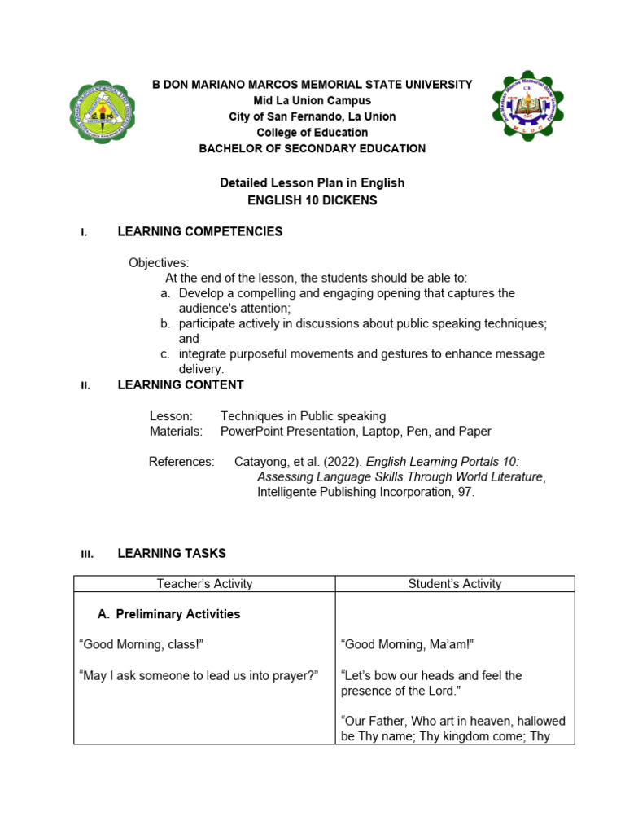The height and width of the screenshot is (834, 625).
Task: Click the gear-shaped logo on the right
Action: [527, 106]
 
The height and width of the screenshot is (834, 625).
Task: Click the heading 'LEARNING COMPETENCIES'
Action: [200, 232]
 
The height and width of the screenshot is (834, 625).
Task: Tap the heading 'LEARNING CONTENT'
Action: [181, 385]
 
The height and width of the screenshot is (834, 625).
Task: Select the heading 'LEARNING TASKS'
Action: [172, 554]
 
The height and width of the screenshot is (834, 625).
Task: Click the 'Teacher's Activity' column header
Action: [204, 584]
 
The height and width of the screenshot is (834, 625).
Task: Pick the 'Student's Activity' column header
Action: [455, 584]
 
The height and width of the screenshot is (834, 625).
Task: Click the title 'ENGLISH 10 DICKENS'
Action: [312, 200]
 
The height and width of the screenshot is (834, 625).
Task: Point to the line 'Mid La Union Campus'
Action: [312, 101]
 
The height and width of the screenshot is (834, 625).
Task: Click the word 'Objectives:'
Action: [159, 263]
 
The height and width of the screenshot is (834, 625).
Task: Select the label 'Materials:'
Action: [176, 432]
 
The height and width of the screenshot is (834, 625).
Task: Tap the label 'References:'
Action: [181, 462]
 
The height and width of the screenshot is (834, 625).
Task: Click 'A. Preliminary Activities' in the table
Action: [169, 614]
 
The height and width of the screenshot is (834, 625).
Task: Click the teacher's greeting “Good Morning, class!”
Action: [141, 645]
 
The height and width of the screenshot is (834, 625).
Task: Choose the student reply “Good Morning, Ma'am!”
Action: [407, 645]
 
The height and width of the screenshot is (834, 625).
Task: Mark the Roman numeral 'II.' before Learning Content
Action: [85, 386]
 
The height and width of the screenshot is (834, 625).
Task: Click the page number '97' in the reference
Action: [462, 493]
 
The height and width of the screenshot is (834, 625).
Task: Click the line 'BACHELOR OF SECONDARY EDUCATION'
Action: [312, 148]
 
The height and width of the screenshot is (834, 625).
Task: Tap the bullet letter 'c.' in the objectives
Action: [165, 354]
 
